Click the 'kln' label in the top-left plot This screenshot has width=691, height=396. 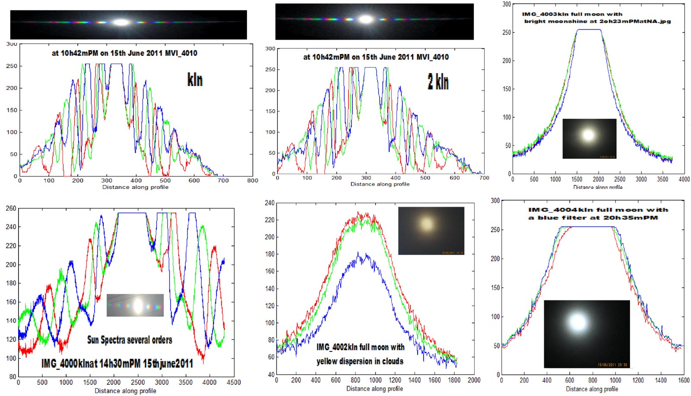coord(195,80)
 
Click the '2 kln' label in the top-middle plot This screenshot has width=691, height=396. coord(438,82)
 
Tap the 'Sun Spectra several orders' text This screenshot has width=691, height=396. coord(130,340)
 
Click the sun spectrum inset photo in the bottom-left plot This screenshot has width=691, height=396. coord(135,305)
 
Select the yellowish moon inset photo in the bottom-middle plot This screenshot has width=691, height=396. coord(431,230)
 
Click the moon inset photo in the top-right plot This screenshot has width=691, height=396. coord(589,138)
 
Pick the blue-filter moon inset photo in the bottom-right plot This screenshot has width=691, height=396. coord(586,334)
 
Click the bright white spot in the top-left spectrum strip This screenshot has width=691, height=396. coord(121,22)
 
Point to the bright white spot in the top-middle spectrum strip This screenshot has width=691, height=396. coord(366,19)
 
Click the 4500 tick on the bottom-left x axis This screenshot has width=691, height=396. coord(234,382)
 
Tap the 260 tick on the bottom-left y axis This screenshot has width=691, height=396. coord(11,208)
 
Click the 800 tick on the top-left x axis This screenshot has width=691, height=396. coord(252,180)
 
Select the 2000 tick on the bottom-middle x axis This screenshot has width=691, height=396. coord(474,380)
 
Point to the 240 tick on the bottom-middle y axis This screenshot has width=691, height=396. coord(269,203)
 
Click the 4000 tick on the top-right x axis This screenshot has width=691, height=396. coord(684,179)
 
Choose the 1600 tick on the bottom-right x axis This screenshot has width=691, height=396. coord(684,380)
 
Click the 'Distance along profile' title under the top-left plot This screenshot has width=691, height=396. coord(135,187)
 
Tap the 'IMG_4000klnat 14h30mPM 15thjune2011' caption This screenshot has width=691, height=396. coord(117,363)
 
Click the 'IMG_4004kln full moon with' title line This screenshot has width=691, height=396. coord(598,210)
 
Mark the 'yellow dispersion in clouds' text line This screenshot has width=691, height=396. coord(360,361)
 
